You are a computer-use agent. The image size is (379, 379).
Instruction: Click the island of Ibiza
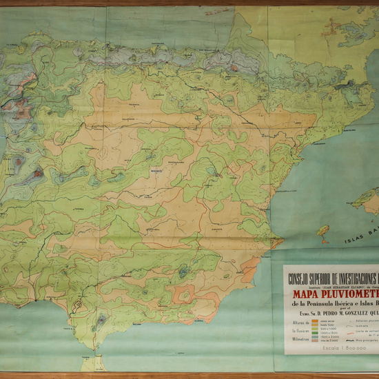click(x=322, y=232)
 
